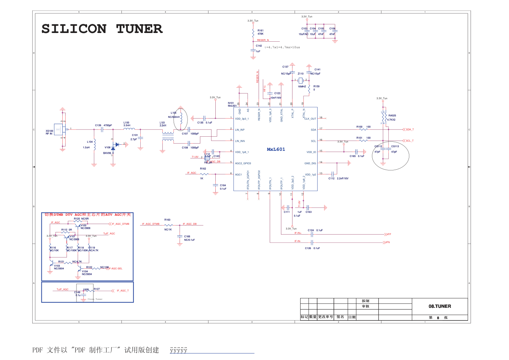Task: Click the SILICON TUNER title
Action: (102, 29)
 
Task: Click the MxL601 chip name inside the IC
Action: (276, 149)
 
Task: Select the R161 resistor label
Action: (260, 31)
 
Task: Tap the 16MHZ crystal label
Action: (302, 87)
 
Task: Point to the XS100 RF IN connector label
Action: (49, 132)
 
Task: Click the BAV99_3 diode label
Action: (108, 153)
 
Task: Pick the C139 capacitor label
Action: (98, 125)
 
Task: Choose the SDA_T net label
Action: (410, 129)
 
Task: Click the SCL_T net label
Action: (410, 141)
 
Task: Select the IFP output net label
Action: (389, 234)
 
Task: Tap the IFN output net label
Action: (388, 242)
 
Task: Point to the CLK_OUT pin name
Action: (310, 119)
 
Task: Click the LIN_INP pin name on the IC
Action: (240, 130)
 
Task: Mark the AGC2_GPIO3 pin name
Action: (243, 164)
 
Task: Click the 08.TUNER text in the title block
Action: (440, 306)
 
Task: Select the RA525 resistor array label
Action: (392, 116)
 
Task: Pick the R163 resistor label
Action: (167, 220)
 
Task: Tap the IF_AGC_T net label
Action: (123, 291)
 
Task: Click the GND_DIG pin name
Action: (310, 164)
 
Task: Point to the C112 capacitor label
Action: (331, 178)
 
